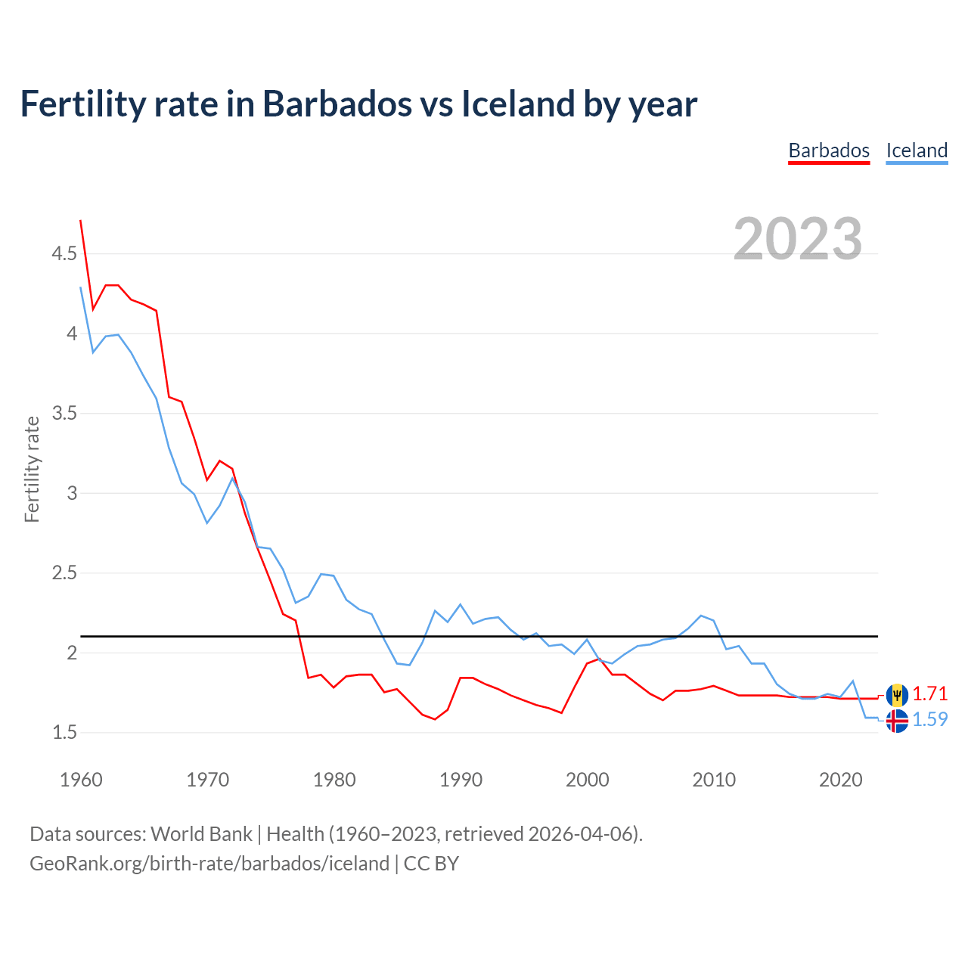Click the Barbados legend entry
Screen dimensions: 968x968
(829, 150)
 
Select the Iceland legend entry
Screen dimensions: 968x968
(917, 150)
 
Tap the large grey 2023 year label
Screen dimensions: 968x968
(798, 239)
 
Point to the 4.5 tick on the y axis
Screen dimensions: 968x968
(64, 253)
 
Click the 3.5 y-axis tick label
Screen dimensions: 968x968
(64, 413)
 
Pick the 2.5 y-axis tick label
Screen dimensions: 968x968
(64, 572)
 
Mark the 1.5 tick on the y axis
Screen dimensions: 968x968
(64, 732)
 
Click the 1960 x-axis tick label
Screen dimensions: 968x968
(81, 780)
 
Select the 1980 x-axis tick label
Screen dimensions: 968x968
(334, 780)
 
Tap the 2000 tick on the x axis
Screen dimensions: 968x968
(588, 780)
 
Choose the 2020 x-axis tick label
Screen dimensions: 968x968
(840, 780)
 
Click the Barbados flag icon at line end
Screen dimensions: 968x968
(897, 694)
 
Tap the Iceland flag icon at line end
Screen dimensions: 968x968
(897, 721)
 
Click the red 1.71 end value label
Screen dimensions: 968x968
(929, 694)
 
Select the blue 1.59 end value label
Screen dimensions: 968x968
(929, 720)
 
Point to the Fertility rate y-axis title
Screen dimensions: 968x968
(32, 469)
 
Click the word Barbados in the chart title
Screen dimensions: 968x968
(337, 104)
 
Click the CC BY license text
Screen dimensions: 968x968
(431, 864)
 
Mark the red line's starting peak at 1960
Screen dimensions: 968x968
(81, 221)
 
